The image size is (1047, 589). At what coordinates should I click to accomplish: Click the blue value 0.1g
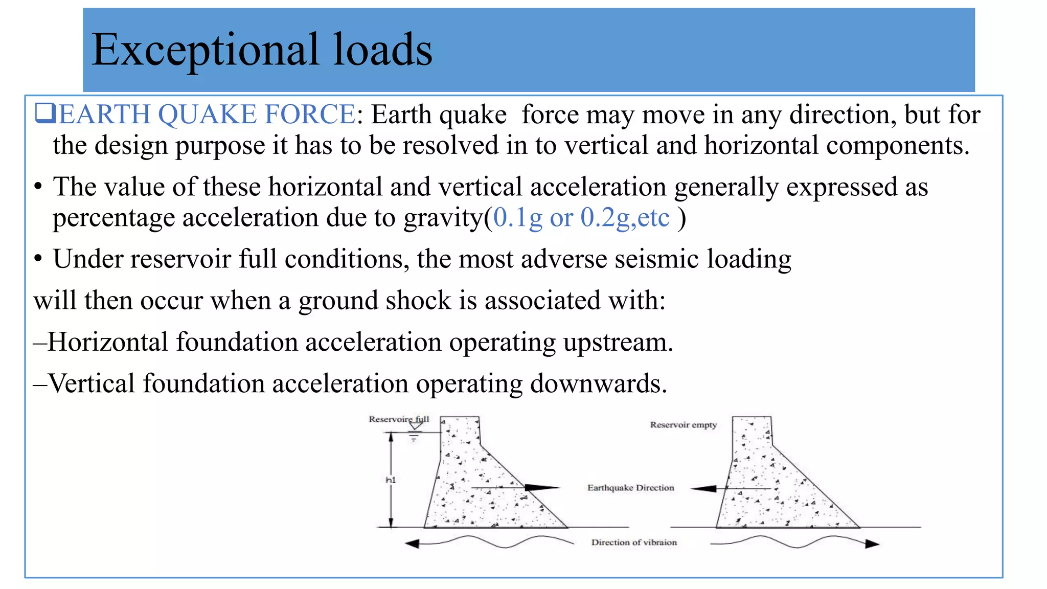coord(517,218)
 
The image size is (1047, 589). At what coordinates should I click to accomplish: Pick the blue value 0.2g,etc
coord(625,218)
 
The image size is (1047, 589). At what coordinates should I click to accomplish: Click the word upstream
coord(618,343)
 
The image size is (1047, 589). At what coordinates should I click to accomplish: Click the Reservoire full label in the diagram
coord(399,419)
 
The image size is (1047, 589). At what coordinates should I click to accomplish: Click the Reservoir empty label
coord(683,425)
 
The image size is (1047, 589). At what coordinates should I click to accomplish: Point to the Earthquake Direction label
coord(630,488)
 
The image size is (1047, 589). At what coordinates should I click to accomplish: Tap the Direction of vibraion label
coord(634,542)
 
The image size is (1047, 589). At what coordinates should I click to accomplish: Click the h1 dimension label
coord(391,480)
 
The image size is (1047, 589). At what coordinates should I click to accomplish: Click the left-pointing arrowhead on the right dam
coord(704,489)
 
